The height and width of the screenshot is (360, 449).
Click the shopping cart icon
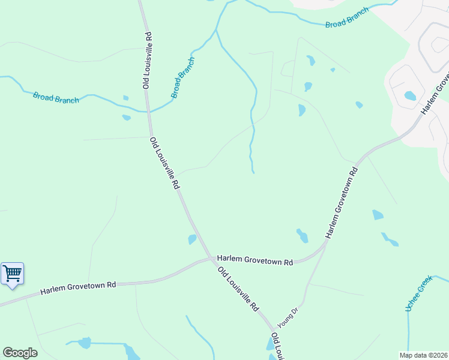[12, 274]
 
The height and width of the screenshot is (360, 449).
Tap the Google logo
[20, 353]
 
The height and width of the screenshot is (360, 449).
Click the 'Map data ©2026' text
[423, 355]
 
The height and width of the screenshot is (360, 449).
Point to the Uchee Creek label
[419, 293]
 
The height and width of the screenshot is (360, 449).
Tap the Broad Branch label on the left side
[56, 97]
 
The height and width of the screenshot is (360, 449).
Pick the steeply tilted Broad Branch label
[183, 78]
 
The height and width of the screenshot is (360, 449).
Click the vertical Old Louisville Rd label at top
[147, 61]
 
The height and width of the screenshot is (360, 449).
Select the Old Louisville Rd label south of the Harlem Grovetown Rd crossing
[238, 289]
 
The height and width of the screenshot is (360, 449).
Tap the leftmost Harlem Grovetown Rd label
[78, 288]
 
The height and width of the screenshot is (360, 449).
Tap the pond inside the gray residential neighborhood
[411, 95]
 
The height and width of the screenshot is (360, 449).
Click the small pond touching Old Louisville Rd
[192, 239]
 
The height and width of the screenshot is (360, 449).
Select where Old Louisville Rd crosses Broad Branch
[148, 111]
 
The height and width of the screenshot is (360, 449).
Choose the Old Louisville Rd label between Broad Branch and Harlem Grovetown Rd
[164, 163]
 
